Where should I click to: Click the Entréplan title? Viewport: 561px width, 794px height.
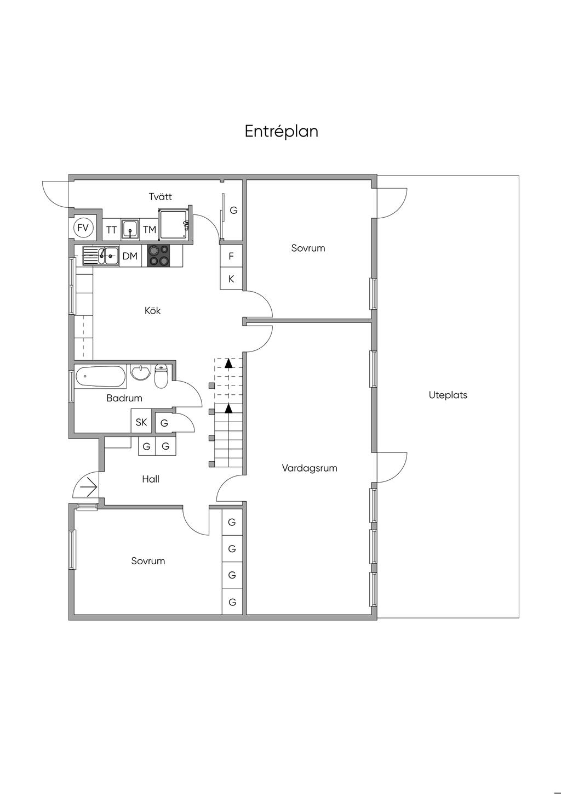point(281,132)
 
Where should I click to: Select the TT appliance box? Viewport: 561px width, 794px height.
point(111,230)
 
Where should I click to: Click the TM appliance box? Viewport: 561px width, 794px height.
point(150,230)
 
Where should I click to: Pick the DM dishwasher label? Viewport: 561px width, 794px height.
point(130,256)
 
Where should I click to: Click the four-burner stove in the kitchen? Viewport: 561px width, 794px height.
point(158,256)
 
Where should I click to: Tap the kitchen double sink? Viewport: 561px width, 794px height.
point(101,256)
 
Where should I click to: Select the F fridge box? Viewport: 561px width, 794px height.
point(231,256)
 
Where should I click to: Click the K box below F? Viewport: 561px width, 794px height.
point(231,279)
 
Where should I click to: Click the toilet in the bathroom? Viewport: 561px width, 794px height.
point(161,376)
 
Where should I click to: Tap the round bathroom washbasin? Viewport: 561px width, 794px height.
point(141,373)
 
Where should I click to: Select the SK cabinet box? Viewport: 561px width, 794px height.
point(141,422)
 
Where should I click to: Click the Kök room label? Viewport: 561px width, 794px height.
point(153,310)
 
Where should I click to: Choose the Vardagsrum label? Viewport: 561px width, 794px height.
point(310,468)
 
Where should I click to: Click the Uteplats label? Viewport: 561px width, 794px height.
point(448,395)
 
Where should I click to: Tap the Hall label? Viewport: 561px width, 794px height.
point(151,479)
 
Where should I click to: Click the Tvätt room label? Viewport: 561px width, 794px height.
point(161,196)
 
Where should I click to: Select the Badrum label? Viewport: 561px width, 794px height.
point(124,398)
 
